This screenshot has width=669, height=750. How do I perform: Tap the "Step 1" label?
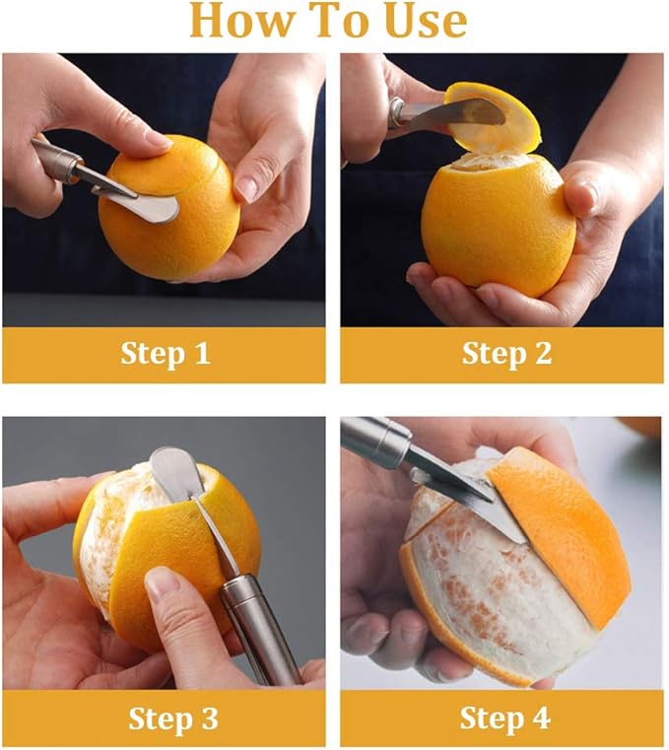point(165,354)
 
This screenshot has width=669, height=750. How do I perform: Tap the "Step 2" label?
point(506,354)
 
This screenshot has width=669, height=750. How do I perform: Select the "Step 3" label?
point(172,718)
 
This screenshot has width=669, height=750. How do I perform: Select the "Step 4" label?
point(504,718)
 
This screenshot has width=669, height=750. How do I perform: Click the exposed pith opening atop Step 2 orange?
point(483,162)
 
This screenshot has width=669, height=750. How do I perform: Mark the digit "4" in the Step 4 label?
point(540,718)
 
